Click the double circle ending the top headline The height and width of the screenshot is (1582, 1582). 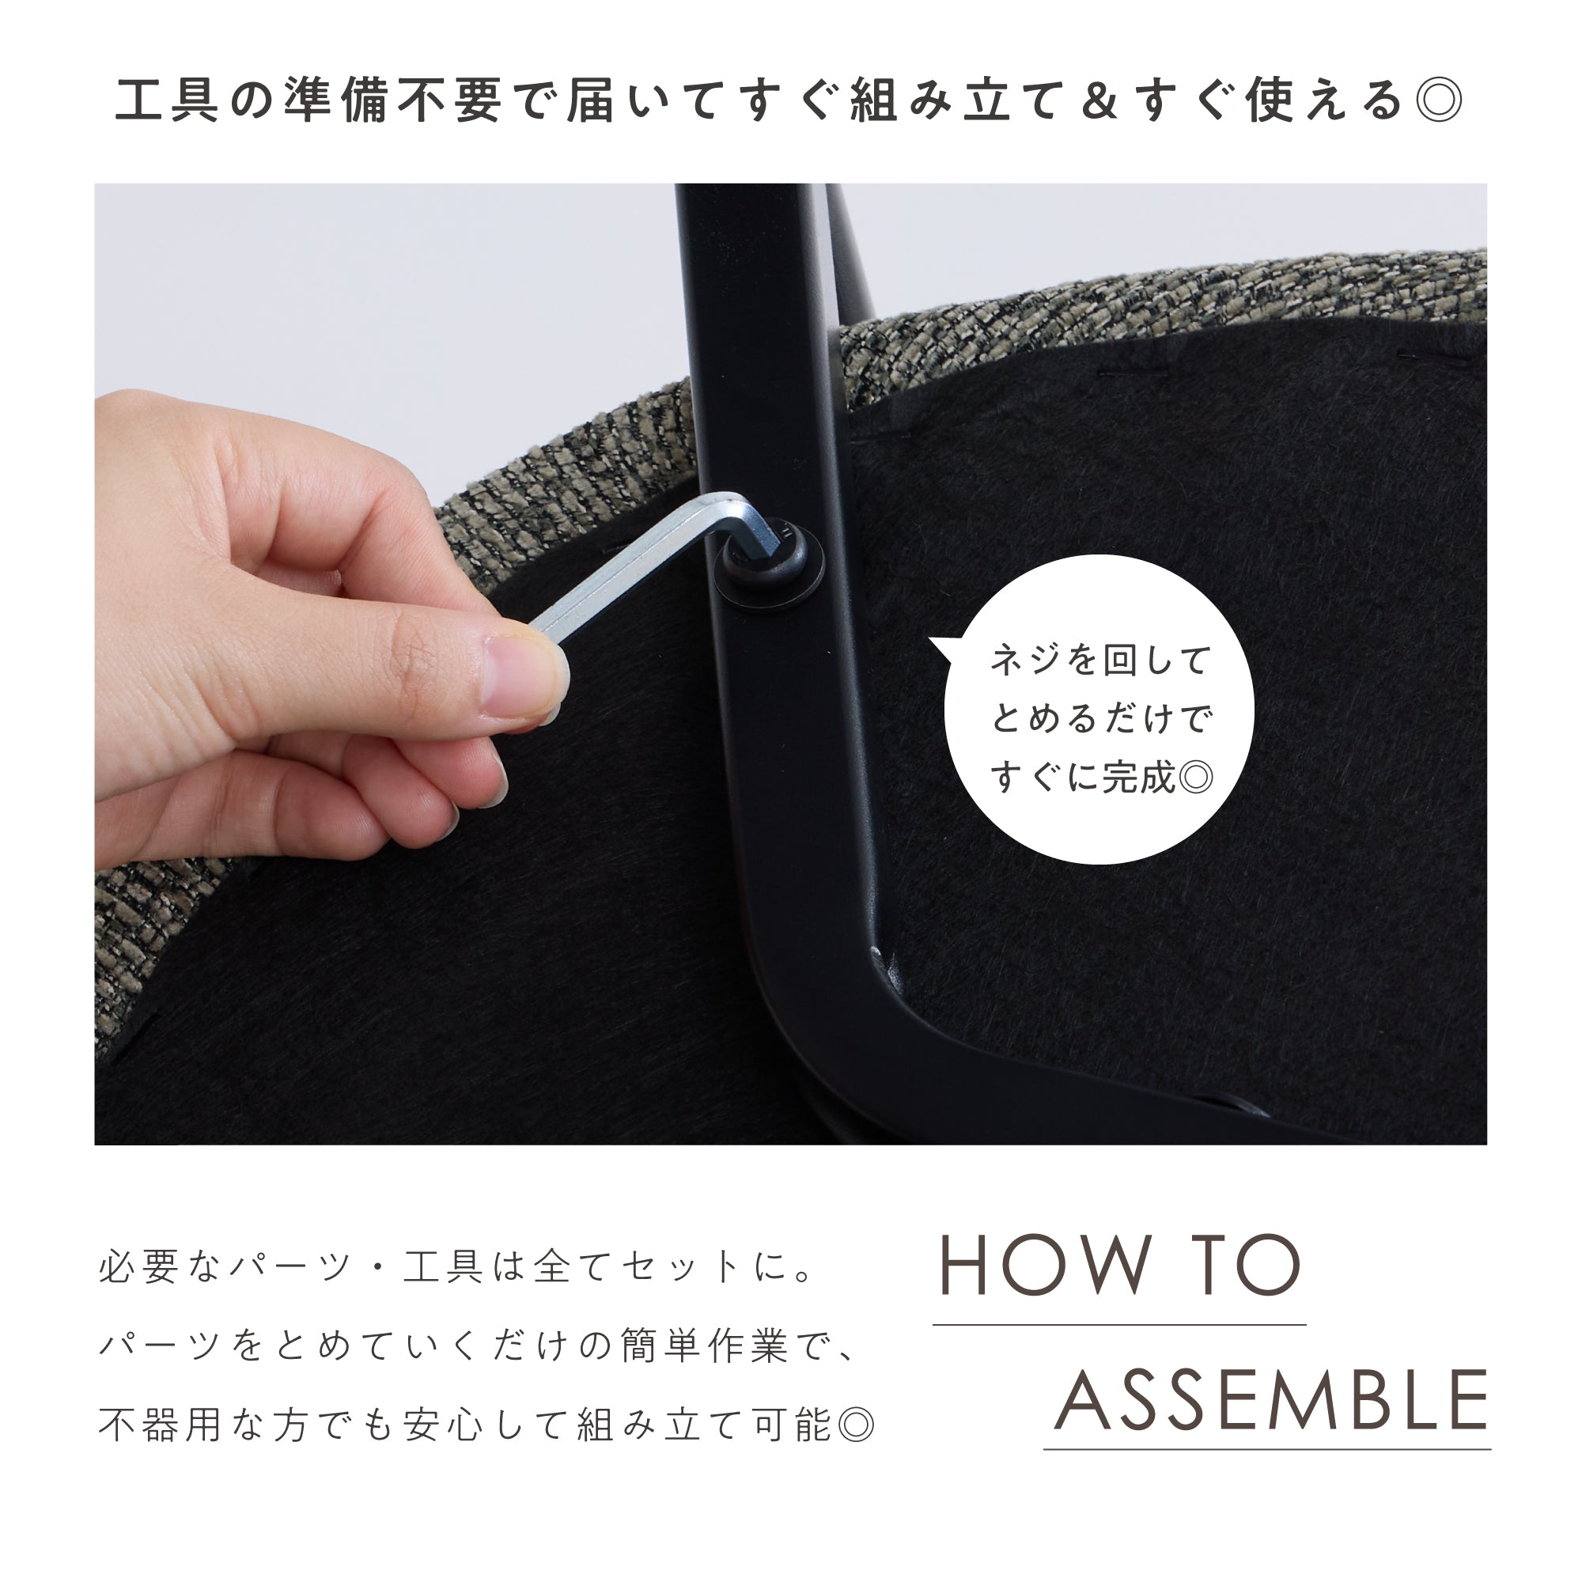[1439, 100]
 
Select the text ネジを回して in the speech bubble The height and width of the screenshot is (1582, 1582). [1099, 659]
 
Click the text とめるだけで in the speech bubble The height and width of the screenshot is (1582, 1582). [1099, 718]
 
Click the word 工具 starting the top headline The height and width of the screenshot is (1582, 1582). [168, 100]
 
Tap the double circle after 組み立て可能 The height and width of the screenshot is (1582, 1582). [857, 1425]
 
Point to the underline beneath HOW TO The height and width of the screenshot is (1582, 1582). [1118, 1324]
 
